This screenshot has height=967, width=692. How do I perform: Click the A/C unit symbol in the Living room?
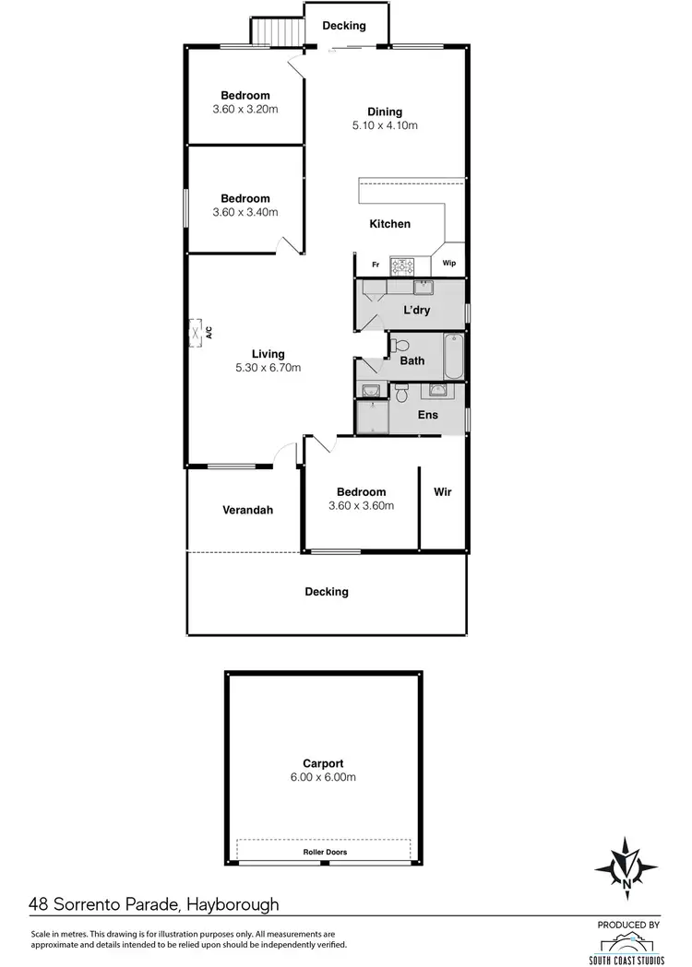tap(197, 333)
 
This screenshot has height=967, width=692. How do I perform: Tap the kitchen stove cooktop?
tap(402, 267)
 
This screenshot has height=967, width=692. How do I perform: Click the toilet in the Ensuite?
tap(401, 393)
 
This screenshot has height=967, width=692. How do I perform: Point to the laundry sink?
tap(423, 287)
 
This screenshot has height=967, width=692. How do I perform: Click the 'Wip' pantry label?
tap(449, 264)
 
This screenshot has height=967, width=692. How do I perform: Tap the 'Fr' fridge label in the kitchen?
tap(376, 265)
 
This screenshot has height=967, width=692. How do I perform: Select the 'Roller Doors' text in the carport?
tap(325, 852)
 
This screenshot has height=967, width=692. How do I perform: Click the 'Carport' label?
tap(323, 763)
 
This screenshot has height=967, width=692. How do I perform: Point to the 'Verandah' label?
tap(247, 510)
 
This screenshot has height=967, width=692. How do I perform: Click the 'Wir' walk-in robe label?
tap(443, 492)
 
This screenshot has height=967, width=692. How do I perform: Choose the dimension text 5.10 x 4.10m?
tap(385, 126)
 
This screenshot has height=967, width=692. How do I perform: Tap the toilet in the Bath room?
tap(396, 347)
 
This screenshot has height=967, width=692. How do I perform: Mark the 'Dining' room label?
tap(385, 112)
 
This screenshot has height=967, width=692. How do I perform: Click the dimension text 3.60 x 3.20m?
tap(245, 109)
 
